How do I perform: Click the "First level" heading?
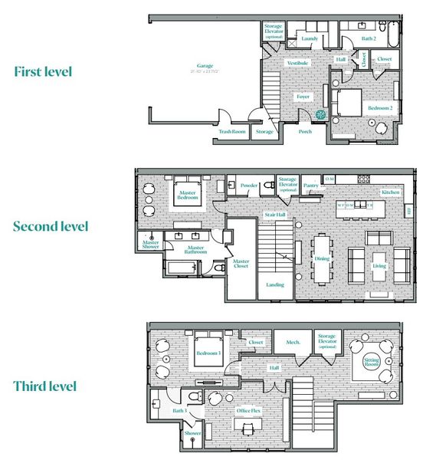[43, 71]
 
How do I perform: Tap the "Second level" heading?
[51, 226]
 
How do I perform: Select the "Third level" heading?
[44, 386]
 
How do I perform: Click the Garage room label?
[205, 67]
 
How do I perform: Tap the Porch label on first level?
[304, 132]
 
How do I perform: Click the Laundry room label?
[310, 38]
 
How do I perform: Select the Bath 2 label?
[369, 38]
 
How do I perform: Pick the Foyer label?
[303, 97]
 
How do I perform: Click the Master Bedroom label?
[188, 195]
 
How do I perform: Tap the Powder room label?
[248, 185]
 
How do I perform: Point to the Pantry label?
[310, 185]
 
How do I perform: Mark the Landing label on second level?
[274, 284]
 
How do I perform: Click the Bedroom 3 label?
[208, 353]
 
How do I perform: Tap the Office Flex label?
[247, 410]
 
